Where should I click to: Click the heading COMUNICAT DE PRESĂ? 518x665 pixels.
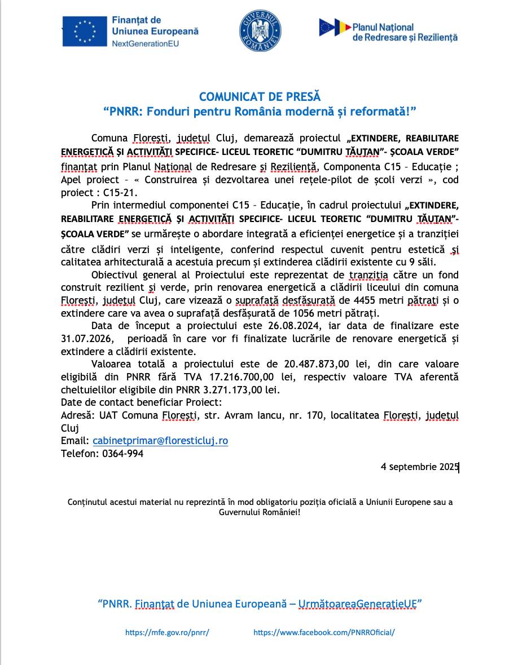[260, 97]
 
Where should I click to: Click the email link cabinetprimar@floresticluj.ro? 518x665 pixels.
[160, 441]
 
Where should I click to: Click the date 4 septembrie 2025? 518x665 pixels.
[420, 467]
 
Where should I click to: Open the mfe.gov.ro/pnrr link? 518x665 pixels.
[167, 632]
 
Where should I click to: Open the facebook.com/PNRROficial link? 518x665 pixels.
[324, 632]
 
